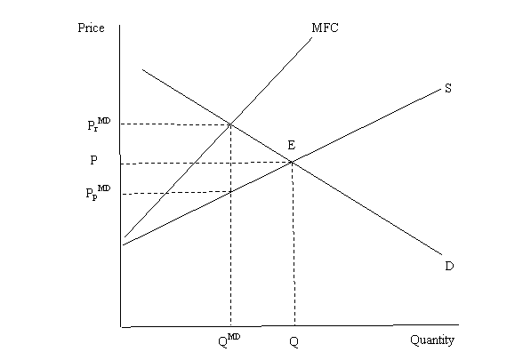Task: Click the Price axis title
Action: tap(91, 28)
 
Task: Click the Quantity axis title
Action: tap(432, 340)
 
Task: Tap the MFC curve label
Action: tap(325, 28)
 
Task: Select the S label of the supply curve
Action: tap(448, 88)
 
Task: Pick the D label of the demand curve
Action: tap(449, 267)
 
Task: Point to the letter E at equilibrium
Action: tap(291, 145)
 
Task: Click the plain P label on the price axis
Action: tap(93, 160)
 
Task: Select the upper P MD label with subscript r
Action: tap(99, 124)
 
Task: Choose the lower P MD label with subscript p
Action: tap(98, 192)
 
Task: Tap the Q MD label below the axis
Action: tap(229, 340)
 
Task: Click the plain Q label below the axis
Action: tap(294, 342)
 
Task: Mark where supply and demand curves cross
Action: tap(292, 163)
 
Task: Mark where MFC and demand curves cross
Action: tap(230, 124)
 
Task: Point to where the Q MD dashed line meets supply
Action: tap(230, 192)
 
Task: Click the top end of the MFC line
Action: tap(311, 38)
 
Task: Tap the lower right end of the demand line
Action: tap(442, 254)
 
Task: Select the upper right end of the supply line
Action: tap(441, 89)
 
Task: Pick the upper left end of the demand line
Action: tap(142, 69)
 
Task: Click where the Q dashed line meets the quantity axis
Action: tap(294, 326)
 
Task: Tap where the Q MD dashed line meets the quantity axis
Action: tap(230, 326)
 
